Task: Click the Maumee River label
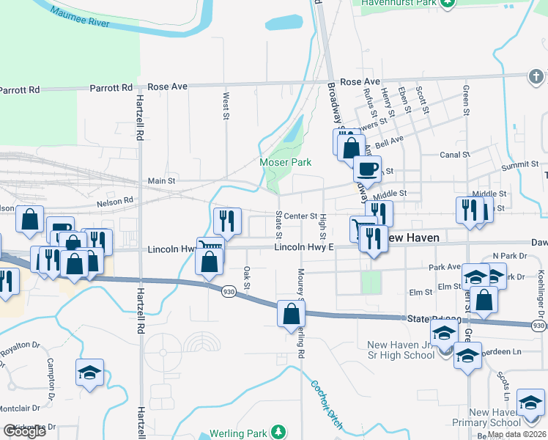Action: point(81,18)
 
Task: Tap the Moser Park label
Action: point(286,162)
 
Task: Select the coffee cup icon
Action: point(367,169)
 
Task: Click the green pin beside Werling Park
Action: point(278,433)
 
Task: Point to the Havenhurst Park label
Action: point(399,3)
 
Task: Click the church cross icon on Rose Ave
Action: point(536,76)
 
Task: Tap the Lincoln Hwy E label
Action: point(304,247)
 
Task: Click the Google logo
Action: point(24,431)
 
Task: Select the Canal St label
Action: point(455,155)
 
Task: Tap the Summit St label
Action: point(520,166)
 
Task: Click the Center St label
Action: point(300,216)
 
